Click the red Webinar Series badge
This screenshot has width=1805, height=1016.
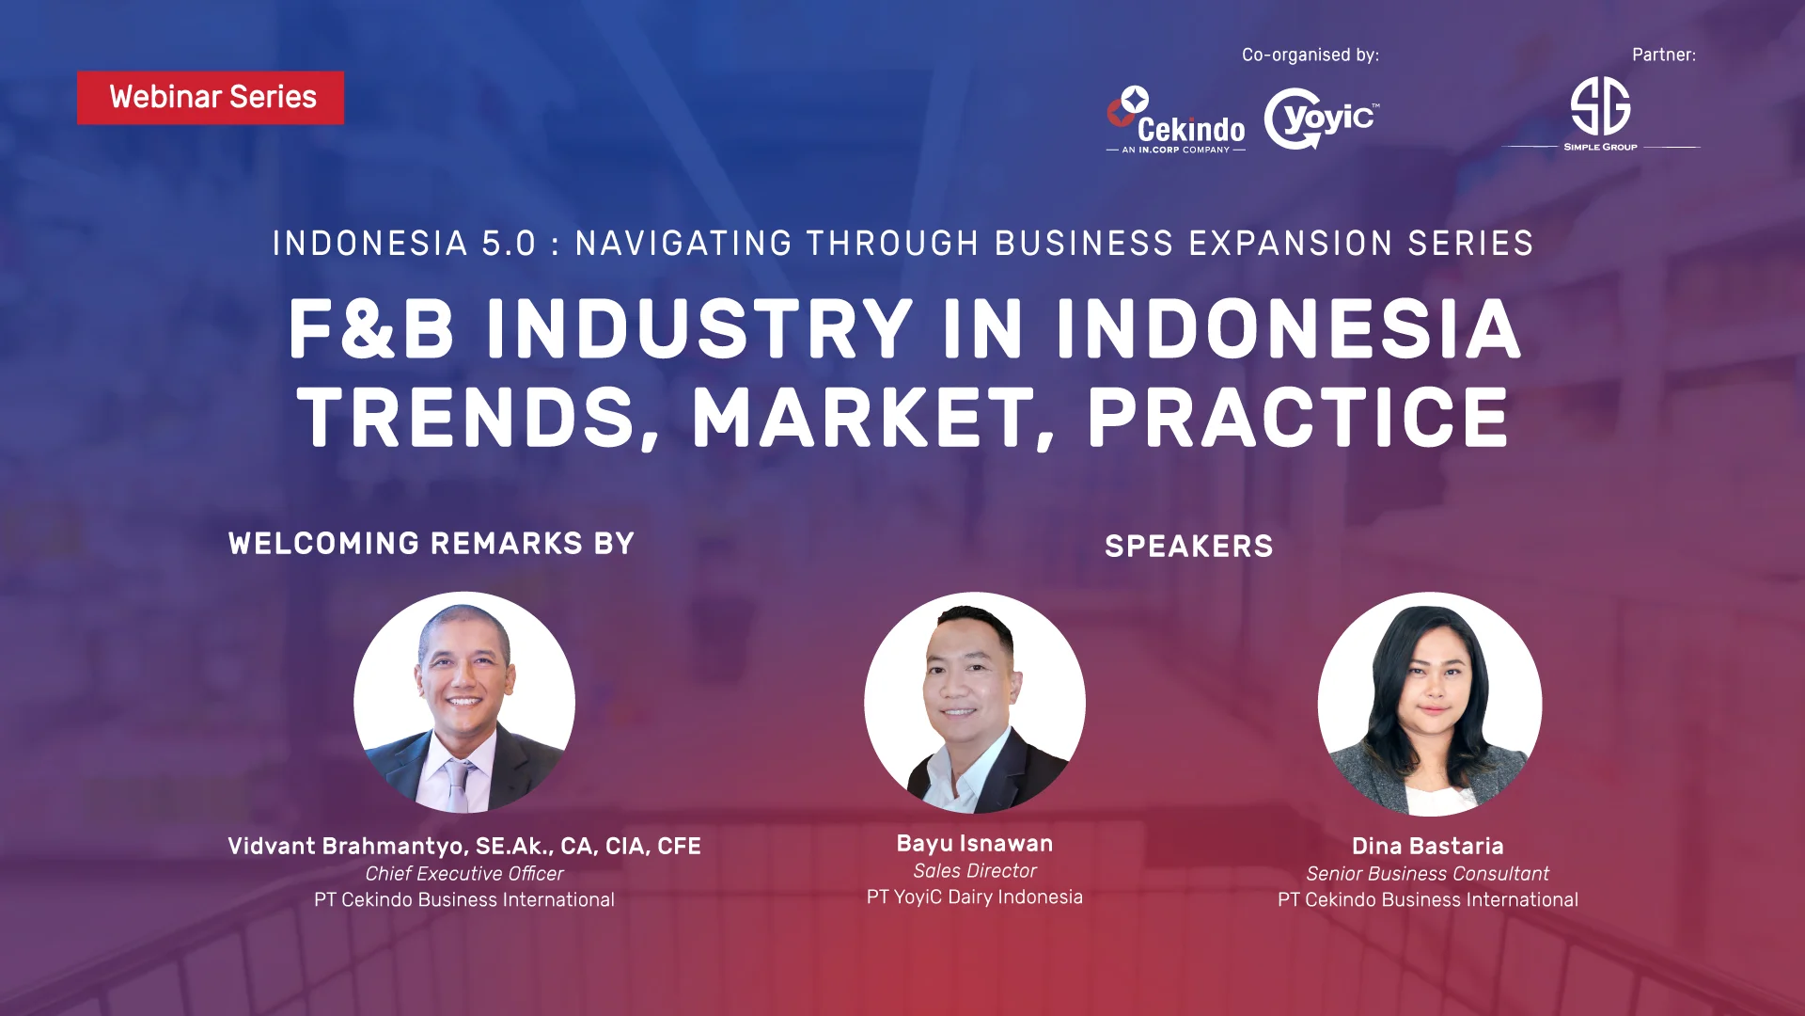pyautogui.click(x=211, y=98)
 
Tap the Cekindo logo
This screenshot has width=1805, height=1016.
pyautogui.click(x=1176, y=119)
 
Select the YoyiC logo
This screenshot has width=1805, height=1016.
pyautogui.click(x=1322, y=119)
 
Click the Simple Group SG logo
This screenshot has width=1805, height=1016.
pyautogui.click(x=1600, y=114)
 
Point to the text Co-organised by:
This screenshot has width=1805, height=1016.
pyautogui.click(x=1311, y=55)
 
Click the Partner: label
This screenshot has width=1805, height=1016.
pyautogui.click(x=1664, y=55)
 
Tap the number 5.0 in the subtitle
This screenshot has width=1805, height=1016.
pyautogui.click(x=509, y=244)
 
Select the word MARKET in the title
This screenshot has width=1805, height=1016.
pyautogui.click(x=873, y=419)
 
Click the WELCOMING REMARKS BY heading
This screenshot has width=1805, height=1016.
pyautogui.click(x=432, y=544)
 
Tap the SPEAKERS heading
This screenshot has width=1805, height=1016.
pyautogui.click(x=1189, y=547)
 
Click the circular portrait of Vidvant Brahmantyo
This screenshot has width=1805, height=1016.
pyautogui.click(x=464, y=702)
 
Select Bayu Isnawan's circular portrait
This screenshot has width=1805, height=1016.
pyautogui.click(x=975, y=703)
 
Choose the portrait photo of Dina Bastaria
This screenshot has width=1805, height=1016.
pyautogui.click(x=1429, y=704)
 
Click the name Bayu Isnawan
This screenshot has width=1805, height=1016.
pyautogui.click(x=975, y=844)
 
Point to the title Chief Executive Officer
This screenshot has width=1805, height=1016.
pyautogui.click(x=464, y=874)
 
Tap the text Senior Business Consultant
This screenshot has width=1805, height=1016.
pyautogui.click(x=1427, y=874)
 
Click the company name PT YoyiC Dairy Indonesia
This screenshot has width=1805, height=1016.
pyautogui.click(x=975, y=897)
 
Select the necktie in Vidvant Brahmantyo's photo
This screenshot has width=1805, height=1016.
pyautogui.click(x=458, y=785)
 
